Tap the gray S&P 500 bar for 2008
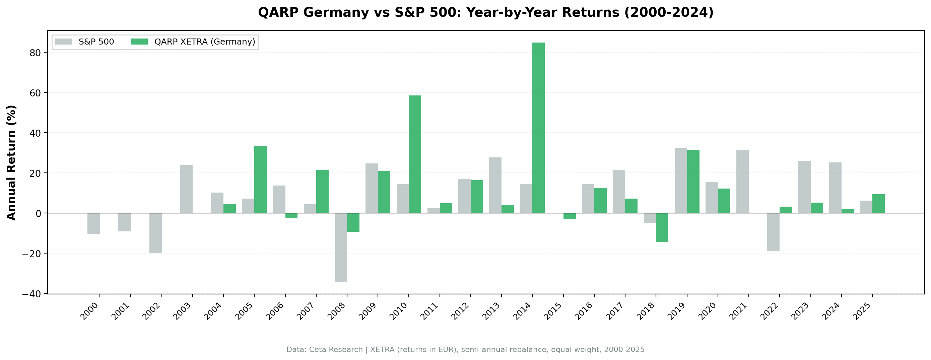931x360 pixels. (x=340, y=247)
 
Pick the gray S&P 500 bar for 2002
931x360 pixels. (x=155, y=233)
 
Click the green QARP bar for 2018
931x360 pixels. (x=662, y=227)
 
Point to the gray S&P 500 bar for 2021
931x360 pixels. (x=742, y=182)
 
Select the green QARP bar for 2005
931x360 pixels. (x=260, y=179)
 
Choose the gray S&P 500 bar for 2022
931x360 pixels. (x=773, y=232)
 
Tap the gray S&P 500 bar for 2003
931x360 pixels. (x=186, y=189)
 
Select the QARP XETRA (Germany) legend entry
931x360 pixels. (x=193, y=42)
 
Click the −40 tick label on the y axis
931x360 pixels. (x=32, y=294)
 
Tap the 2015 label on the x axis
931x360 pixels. (x=553, y=311)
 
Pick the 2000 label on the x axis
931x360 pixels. (x=90, y=311)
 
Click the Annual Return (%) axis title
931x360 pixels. (x=12, y=162)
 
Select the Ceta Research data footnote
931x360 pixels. (x=465, y=350)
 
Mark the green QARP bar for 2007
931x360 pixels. (x=322, y=192)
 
